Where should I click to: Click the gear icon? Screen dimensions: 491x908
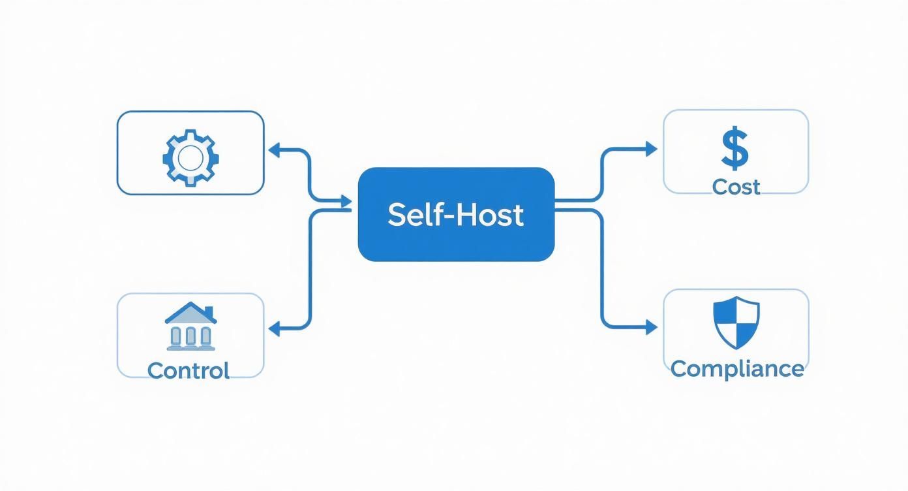tap(190, 158)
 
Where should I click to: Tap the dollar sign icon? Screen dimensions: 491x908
tap(735, 149)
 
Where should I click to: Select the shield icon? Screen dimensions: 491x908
tap(736, 321)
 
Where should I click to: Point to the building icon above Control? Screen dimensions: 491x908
tap(190, 326)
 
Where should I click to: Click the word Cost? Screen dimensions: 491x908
tap(736, 187)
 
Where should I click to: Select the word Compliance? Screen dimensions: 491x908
tap(736, 368)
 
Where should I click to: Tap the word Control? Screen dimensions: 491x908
tap(189, 371)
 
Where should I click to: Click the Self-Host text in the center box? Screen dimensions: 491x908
tap(455, 215)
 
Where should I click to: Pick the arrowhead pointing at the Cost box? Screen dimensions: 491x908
tap(651, 149)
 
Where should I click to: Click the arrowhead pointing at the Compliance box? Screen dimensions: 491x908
tap(651, 328)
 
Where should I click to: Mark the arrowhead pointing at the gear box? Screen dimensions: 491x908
tap(275, 151)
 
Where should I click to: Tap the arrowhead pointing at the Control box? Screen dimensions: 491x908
tap(275, 329)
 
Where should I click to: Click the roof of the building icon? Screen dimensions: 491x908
tap(190, 312)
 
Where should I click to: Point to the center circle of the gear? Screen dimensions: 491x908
tap(190, 158)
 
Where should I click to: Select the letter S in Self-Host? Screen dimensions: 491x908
tap(396, 215)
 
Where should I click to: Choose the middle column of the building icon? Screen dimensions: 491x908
tap(190, 336)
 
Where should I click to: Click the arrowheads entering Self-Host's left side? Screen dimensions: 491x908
tap(346, 204)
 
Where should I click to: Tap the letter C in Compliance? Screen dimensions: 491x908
tap(680, 368)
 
